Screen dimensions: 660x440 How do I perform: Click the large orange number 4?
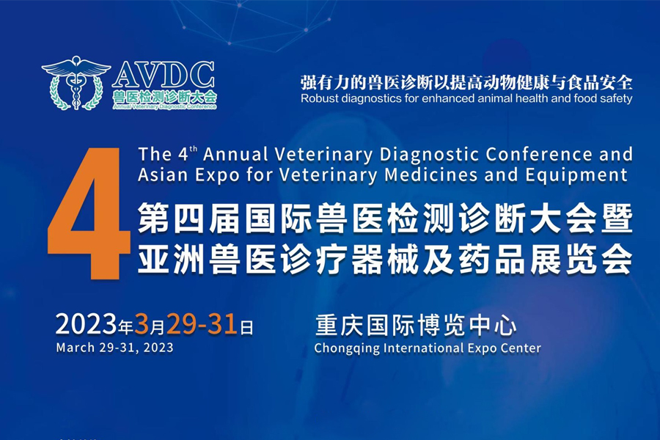89,214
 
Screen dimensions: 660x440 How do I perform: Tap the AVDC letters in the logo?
164,75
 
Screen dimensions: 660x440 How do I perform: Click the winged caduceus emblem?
76,83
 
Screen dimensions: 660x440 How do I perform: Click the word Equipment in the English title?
576,175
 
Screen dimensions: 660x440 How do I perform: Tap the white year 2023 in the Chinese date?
87,325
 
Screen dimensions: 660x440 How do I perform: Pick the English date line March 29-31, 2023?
114,348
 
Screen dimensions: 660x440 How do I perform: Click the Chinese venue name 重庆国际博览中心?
416,326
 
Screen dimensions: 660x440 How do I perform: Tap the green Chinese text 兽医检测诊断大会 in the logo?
164,97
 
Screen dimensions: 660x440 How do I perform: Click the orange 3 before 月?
142,325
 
